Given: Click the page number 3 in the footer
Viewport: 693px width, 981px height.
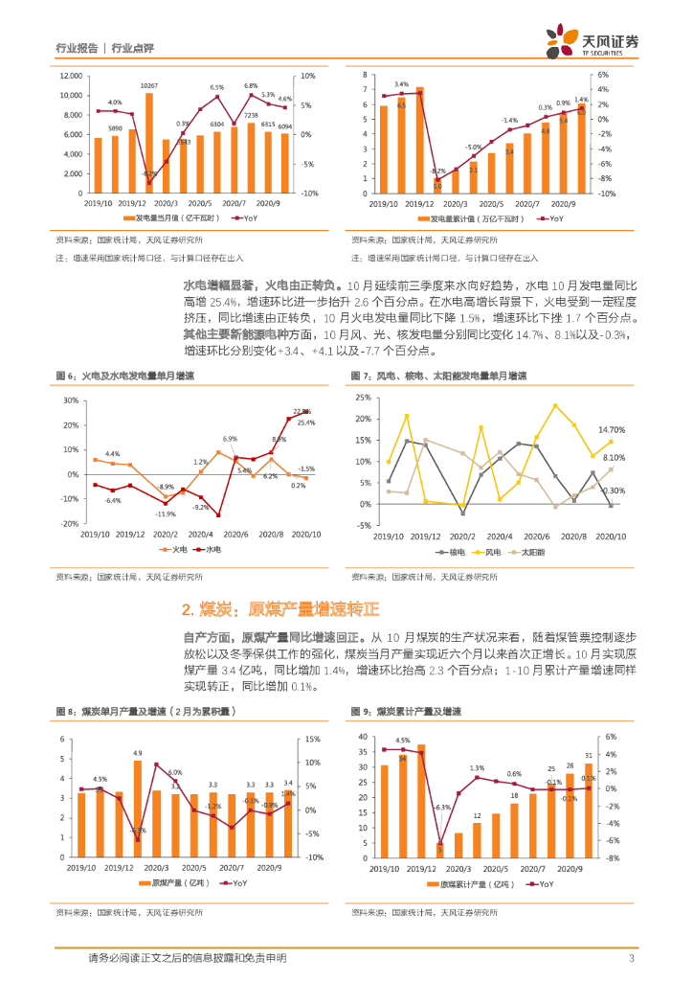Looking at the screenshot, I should [x=631, y=958].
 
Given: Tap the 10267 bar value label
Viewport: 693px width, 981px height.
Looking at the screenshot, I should [x=148, y=86].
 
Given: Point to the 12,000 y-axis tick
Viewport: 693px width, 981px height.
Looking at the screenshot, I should [x=67, y=76].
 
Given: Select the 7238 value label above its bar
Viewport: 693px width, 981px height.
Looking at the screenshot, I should [x=252, y=115].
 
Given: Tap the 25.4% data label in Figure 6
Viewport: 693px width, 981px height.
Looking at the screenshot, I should [x=306, y=422].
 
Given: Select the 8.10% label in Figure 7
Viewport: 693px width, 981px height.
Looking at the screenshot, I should [x=614, y=458].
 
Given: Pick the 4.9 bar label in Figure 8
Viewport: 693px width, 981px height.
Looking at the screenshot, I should [x=137, y=753].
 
